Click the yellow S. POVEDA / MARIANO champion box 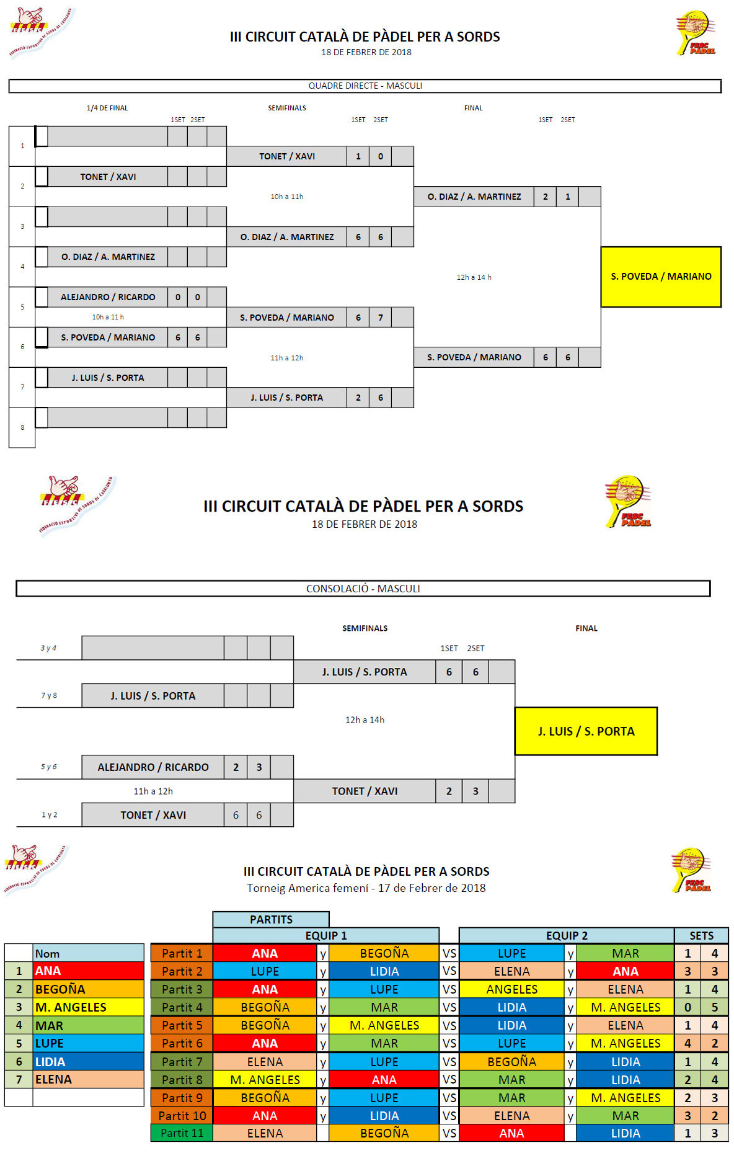(661, 277)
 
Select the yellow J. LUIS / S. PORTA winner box (586, 731)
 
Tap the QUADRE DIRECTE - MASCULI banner (365, 86)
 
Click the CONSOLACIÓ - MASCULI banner (363, 589)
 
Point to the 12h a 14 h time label (474, 277)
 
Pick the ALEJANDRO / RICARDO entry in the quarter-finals (108, 297)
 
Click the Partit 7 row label (182, 1062)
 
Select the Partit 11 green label (182, 1133)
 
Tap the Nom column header (88, 953)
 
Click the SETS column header (701, 935)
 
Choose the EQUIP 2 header (566, 935)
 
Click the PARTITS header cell (271, 919)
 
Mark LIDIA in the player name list (88, 1062)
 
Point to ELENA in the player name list (88, 1080)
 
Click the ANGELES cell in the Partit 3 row (511, 989)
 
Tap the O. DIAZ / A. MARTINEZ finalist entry (474, 197)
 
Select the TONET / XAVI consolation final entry (365, 791)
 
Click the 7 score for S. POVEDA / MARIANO (381, 318)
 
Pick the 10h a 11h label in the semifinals (286, 197)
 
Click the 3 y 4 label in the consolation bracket (48, 648)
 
